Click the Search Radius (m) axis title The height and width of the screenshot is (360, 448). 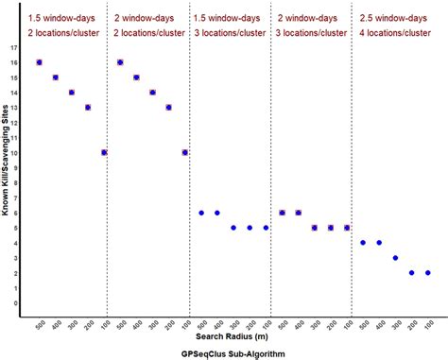pos(232,334)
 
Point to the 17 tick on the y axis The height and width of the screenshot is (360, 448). pos(13,47)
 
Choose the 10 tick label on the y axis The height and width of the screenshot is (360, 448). pos(13,152)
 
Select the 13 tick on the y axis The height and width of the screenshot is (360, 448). pos(13,107)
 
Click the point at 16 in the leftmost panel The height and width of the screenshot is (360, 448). pos(39,62)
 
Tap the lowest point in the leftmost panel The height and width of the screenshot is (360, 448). pos(104,152)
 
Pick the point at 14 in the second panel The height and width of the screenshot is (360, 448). pos(152,93)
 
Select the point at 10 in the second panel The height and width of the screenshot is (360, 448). pos(185,152)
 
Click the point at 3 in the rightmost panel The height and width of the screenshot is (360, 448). pos(395,258)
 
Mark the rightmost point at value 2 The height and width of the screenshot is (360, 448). pos(428,273)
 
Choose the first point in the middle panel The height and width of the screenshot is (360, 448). pos(201,213)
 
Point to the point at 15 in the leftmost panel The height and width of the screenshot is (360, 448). pos(55,77)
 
